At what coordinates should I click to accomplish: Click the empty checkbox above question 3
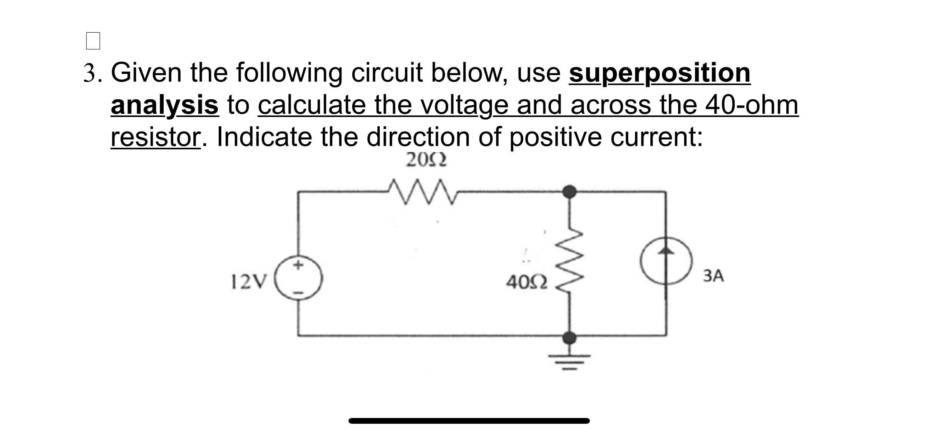pos(93,41)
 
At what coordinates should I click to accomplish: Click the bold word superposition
pos(660,73)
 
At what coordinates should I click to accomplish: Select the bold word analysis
pos(164,105)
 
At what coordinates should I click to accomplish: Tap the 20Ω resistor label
pos(426,160)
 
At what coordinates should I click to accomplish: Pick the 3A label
pos(713,276)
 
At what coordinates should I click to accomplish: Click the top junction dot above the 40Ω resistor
pos(569,191)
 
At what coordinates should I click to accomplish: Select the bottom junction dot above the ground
pos(569,338)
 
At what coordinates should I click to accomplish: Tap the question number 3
pos(89,74)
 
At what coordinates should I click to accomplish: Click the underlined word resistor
pos(155,137)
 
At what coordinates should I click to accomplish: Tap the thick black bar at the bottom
pos(469,421)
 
